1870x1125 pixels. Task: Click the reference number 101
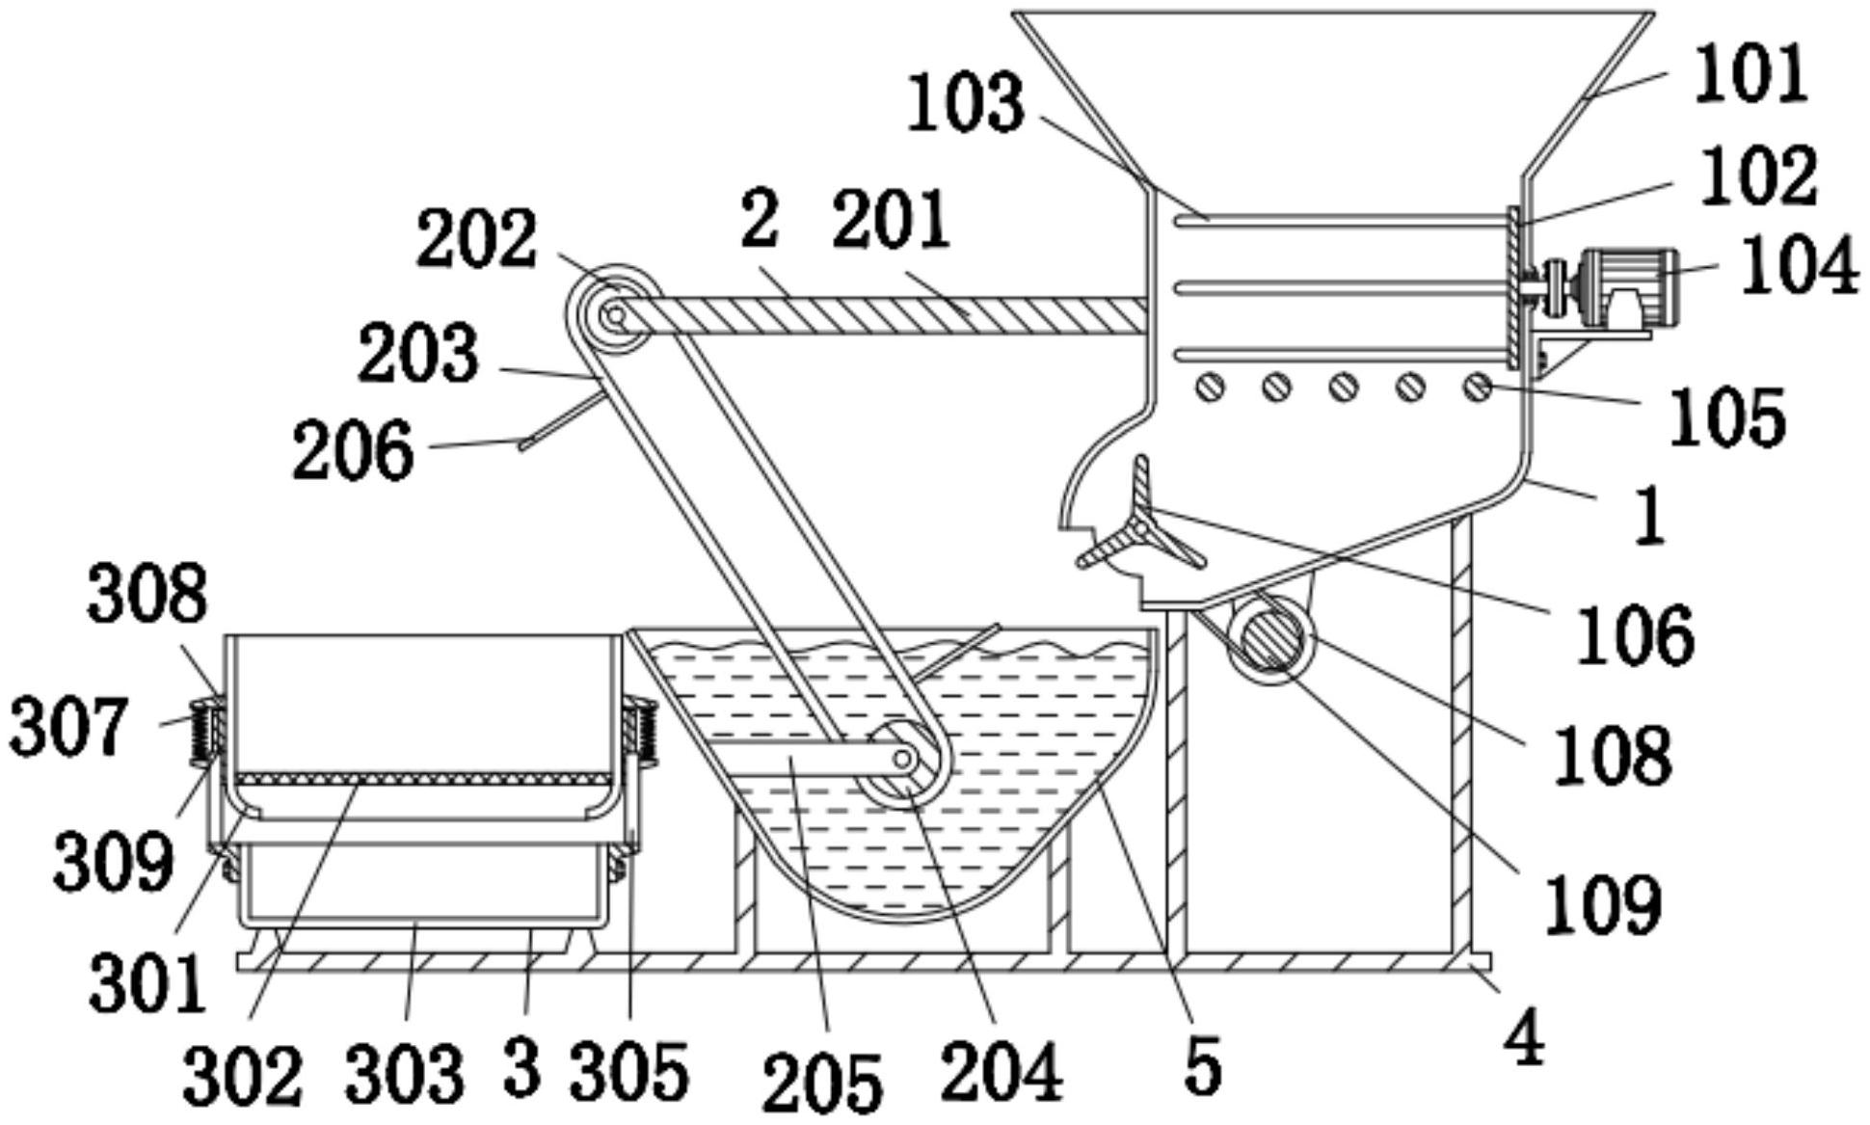click(1750, 75)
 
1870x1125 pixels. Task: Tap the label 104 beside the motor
click(1799, 265)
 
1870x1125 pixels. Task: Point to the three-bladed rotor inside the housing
click(1143, 520)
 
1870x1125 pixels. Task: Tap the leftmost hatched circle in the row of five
click(1210, 388)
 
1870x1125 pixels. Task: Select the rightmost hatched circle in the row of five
click(1477, 388)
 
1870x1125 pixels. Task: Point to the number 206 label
click(354, 450)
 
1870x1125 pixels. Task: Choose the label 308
click(147, 593)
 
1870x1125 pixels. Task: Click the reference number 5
click(1201, 1064)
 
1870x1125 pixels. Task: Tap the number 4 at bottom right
click(1524, 1036)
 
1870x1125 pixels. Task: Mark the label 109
click(1603, 903)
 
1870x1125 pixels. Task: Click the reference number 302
click(243, 1075)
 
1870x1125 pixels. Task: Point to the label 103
click(966, 102)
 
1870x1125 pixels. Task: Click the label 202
click(476, 238)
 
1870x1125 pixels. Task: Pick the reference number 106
click(1636, 633)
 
